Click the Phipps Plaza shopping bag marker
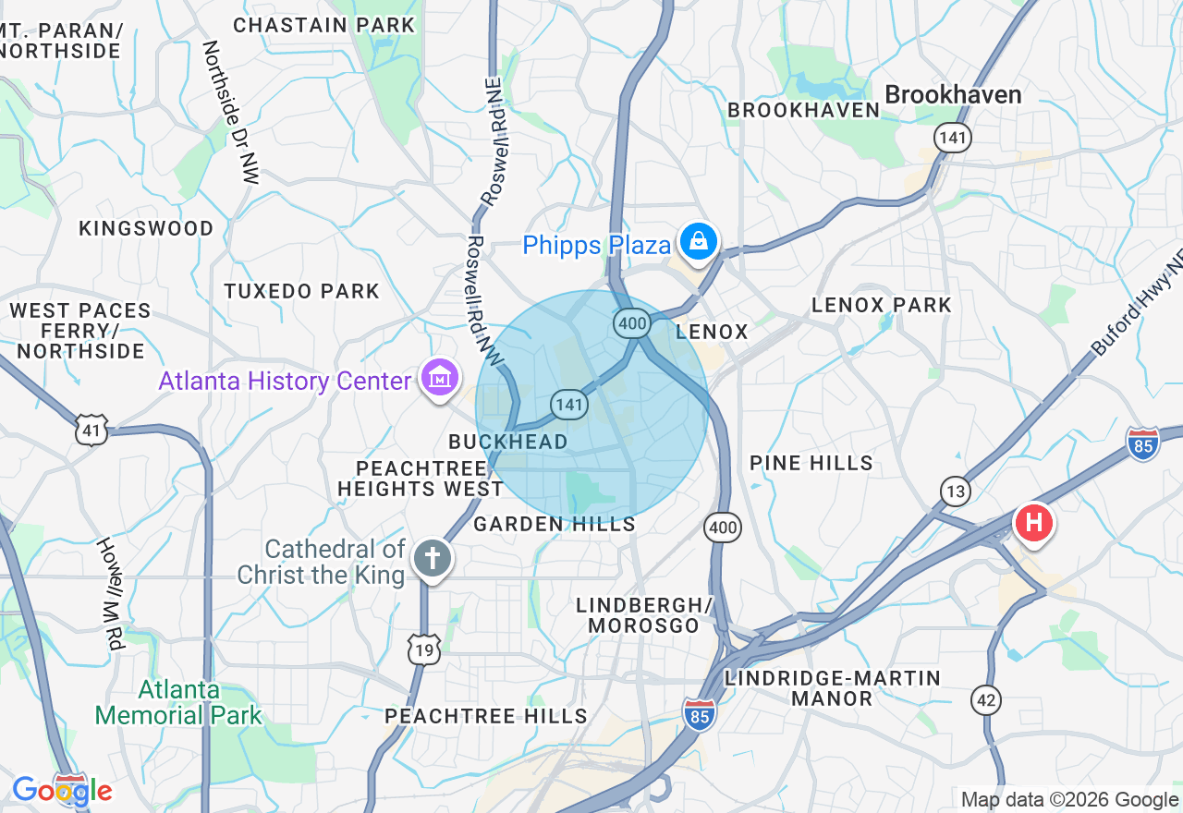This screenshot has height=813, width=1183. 700,243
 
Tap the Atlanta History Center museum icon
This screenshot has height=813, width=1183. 440,377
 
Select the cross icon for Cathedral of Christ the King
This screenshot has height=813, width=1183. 432,558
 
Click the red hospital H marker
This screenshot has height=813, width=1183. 1033,523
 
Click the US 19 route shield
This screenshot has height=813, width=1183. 424,650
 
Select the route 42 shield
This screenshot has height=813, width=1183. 986,699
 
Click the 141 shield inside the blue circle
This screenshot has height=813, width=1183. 569,404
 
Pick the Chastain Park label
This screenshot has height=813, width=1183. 323,25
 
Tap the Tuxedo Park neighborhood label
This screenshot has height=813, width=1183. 302,291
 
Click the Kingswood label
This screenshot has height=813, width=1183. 146,228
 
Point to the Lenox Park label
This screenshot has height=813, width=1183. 881,305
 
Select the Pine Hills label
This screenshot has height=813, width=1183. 811,463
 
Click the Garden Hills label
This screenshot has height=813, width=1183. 555,525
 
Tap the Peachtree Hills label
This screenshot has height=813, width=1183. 486,716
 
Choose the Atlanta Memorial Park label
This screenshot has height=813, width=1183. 178,702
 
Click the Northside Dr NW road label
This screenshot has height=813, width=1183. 231,111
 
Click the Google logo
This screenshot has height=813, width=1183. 62,791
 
